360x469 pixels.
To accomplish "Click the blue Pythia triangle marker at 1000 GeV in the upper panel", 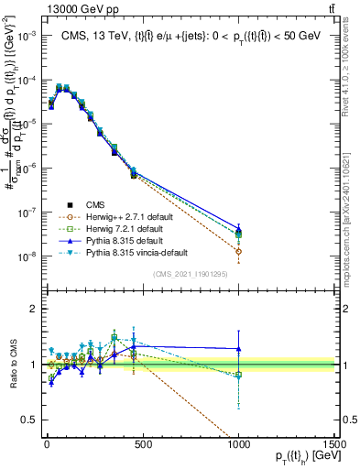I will [238, 229].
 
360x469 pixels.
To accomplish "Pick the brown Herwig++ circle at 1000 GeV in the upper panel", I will [238, 251].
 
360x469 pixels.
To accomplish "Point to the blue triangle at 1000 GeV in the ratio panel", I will [238, 348].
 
